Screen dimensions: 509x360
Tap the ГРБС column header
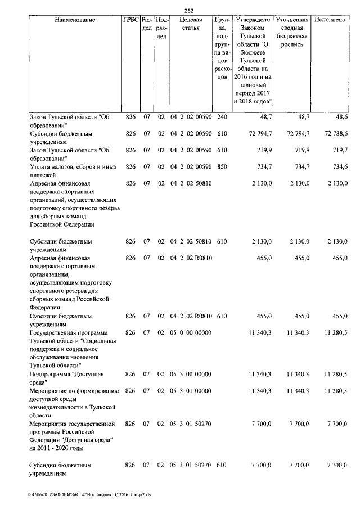130,20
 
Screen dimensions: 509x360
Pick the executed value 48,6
339,116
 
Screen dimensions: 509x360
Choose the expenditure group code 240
222,116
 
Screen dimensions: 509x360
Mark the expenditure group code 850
222,167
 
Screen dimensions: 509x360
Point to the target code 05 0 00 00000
191,333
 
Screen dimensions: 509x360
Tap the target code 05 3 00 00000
191,375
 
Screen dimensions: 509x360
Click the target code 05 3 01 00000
191,391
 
